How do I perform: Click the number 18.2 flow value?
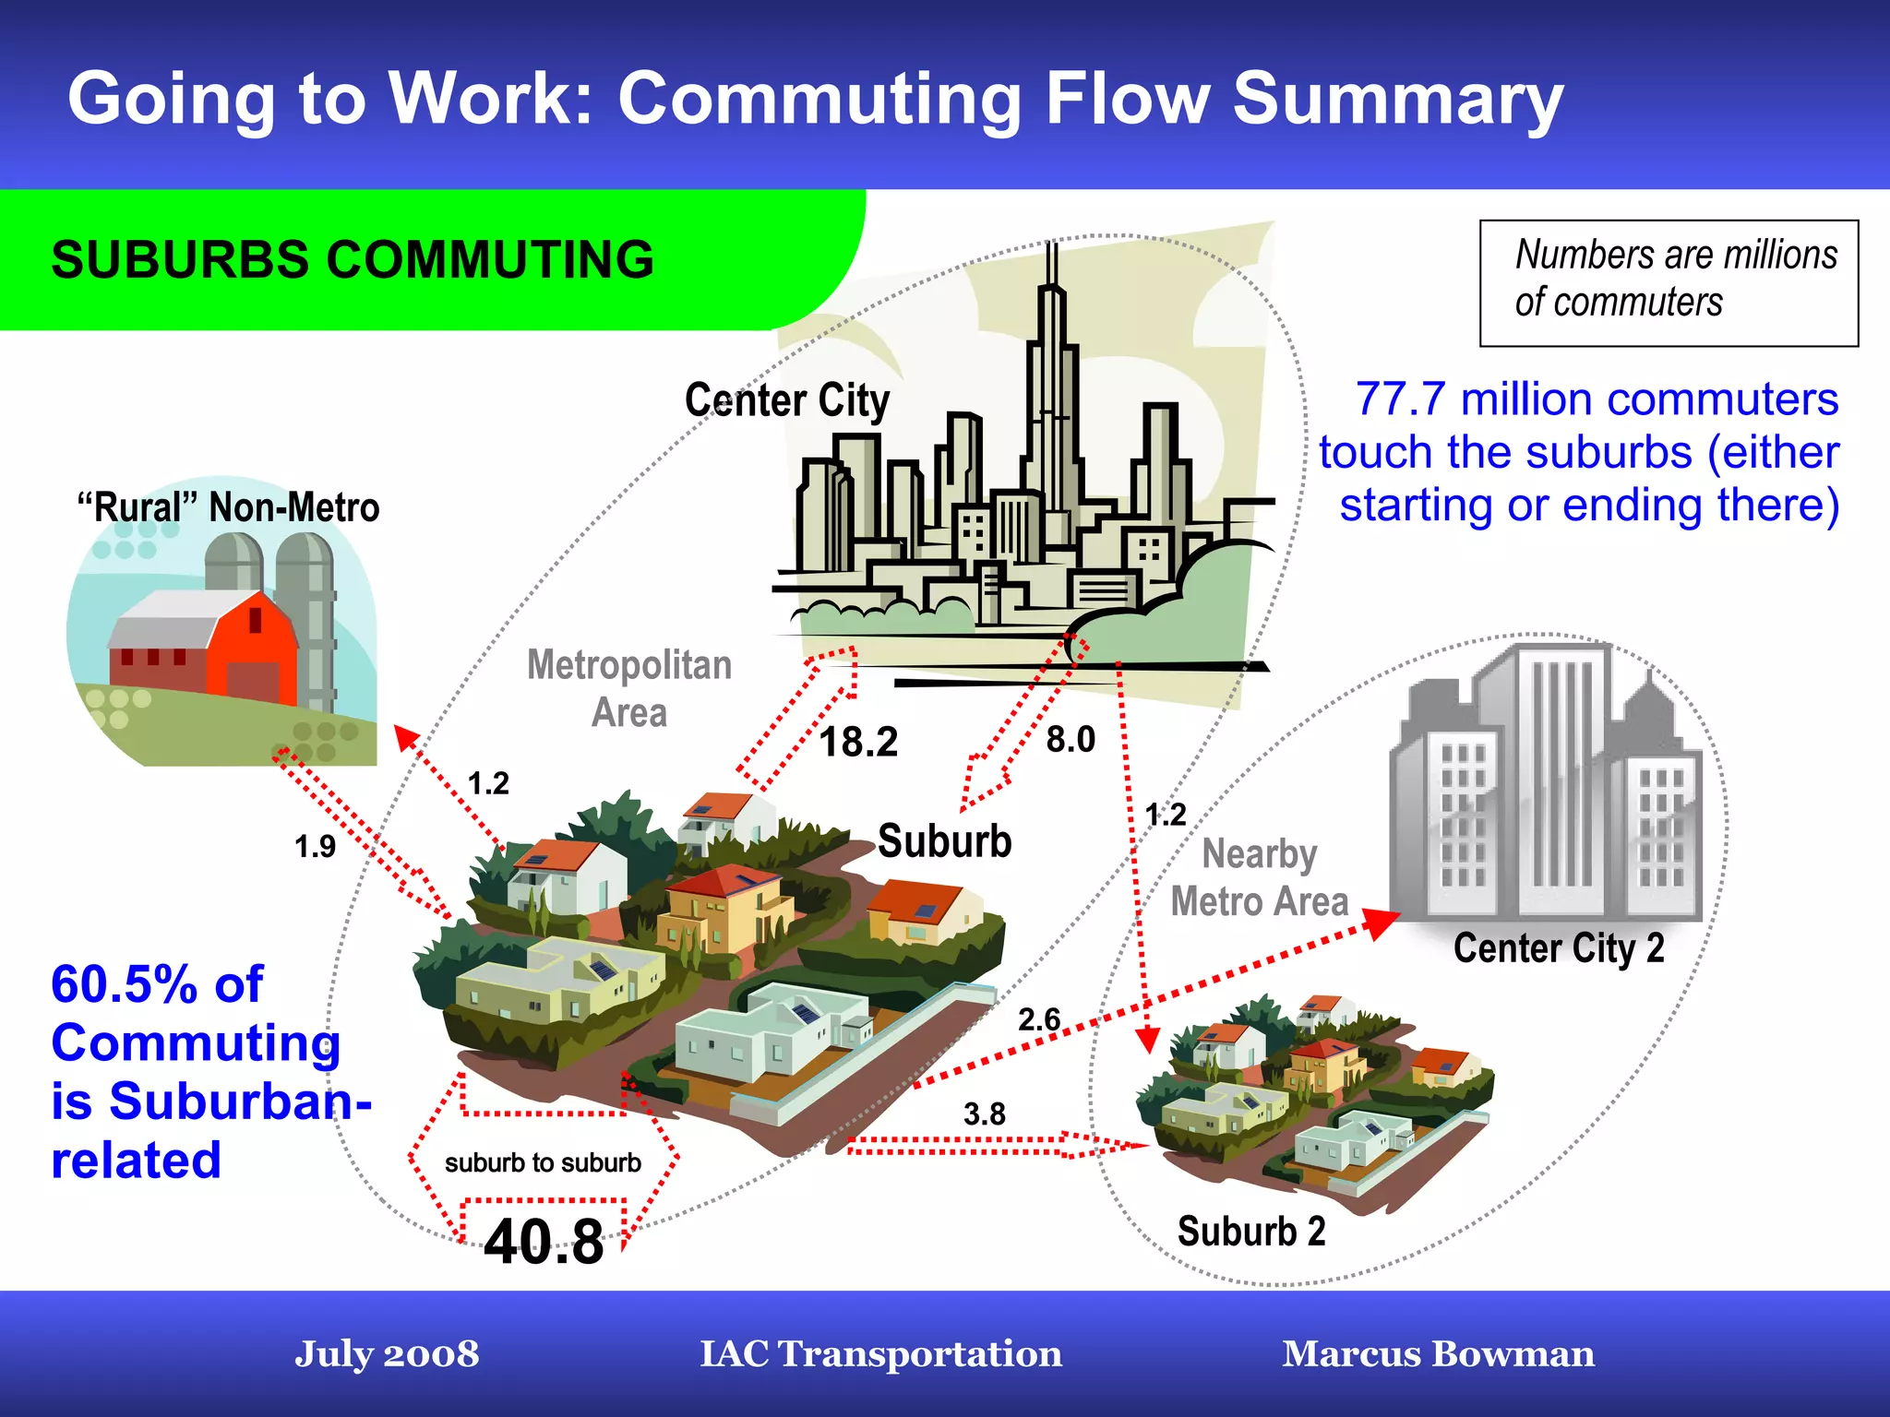tap(858, 742)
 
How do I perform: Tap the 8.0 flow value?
tap(1071, 739)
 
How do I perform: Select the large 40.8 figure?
tap(544, 1242)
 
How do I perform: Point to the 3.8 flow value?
tap(984, 1113)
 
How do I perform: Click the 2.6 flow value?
tap(1039, 1019)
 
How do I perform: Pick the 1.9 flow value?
tap(315, 846)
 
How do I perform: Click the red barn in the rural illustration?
tap(249, 646)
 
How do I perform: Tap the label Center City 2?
tap(1559, 948)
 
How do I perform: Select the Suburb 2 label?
tap(1251, 1232)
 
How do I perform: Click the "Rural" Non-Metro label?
tap(228, 507)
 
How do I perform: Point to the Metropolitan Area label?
tap(629, 688)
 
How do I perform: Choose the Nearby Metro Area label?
tap(1259, 877)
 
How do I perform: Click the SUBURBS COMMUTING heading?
tap(353, 259)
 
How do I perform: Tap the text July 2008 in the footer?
tap(387, 1353)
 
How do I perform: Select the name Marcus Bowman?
tap(1438, 1353)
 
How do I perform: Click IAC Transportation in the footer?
tap(880, 1353)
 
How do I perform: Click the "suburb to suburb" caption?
tap(543, 1162)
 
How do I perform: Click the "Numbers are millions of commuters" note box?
tap(1669, 282)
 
